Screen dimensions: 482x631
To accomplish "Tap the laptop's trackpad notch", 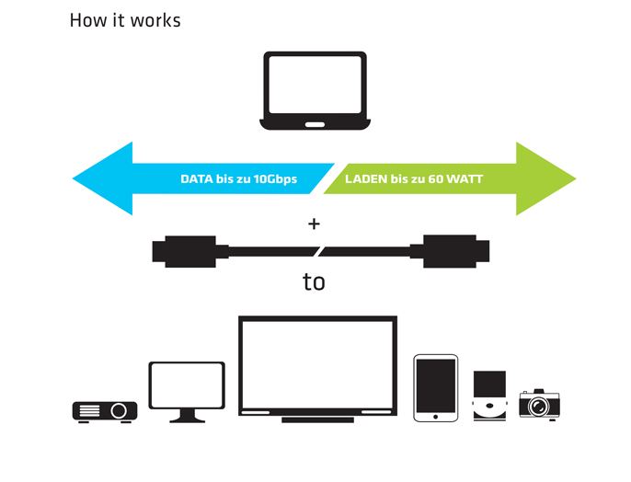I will point(315,124).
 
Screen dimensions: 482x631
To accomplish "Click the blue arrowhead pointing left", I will point(101,178).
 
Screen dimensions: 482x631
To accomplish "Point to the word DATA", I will point(198,178).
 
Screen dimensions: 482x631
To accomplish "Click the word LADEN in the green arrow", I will point(366,178).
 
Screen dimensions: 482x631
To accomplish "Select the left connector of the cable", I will point(183,251).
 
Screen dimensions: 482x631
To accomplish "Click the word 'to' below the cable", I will point(314,281).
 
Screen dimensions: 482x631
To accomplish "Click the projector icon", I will point(104,410).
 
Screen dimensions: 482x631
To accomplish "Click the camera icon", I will point(540,403).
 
